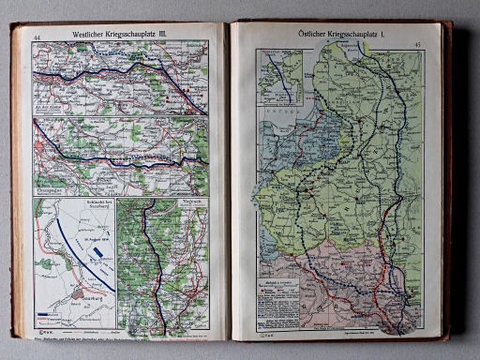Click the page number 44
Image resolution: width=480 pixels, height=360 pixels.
tap(37, 37)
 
